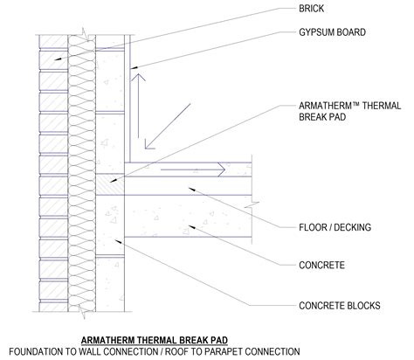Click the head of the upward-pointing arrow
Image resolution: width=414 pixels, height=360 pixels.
[x=135, y=79]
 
